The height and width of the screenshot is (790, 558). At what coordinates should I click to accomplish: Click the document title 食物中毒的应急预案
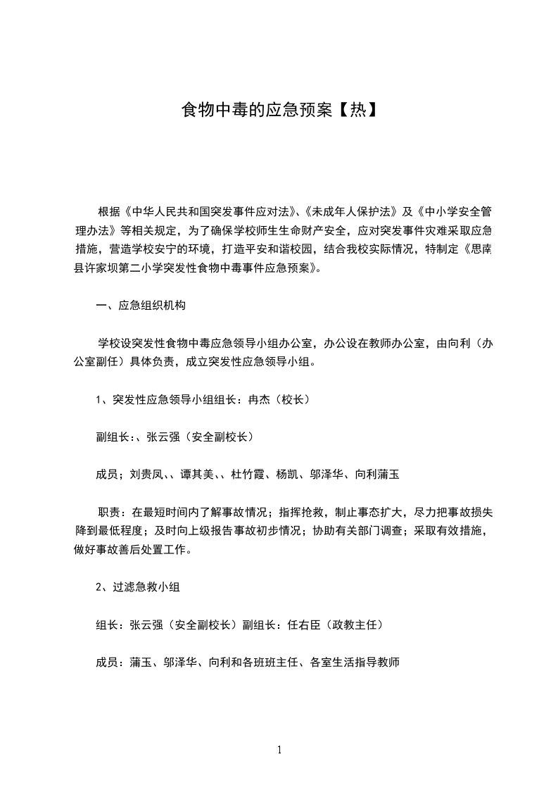click(257, 110)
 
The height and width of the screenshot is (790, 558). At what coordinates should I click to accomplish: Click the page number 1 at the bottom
click(279, 750)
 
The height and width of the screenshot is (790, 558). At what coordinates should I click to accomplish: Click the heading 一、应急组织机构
click(141, 306)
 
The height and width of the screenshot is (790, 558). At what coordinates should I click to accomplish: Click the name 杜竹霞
click(249, 475)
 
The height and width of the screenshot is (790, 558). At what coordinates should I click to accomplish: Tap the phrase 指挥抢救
click(302, 512)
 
